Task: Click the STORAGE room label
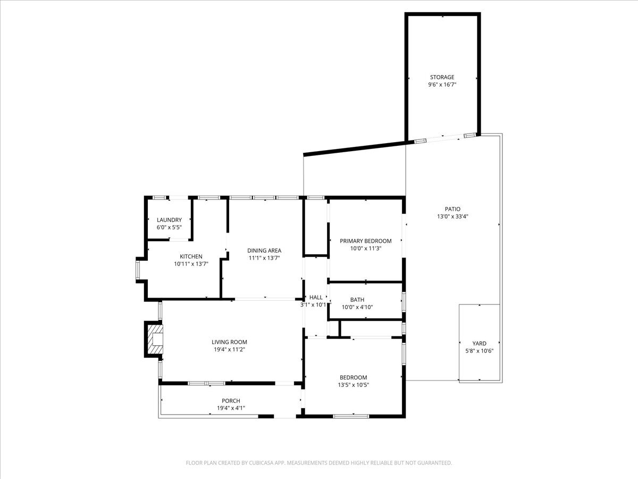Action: [442, 77]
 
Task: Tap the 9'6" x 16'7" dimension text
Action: [442, 85]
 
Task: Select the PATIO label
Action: [452, 209]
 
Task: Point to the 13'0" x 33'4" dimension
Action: [452, 217]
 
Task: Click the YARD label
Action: [479, 343]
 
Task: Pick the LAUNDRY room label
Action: [169, 220]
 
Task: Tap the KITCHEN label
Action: [191, 257]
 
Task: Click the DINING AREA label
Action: [264, 250]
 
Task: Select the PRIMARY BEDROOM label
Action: [365, 241]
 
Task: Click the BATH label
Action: [357, 300]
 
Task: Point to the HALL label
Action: [316, 297]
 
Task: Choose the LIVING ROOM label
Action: [229, 342]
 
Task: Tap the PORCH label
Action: [231, 401]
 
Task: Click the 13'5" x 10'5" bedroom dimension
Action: [353, 385]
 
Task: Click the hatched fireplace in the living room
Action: [155, 339]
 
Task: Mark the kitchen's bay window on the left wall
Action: [138, 270]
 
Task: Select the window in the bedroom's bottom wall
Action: [351, 417]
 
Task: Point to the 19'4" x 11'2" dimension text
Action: [229, 349]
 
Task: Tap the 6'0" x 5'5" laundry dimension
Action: [169, 227]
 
